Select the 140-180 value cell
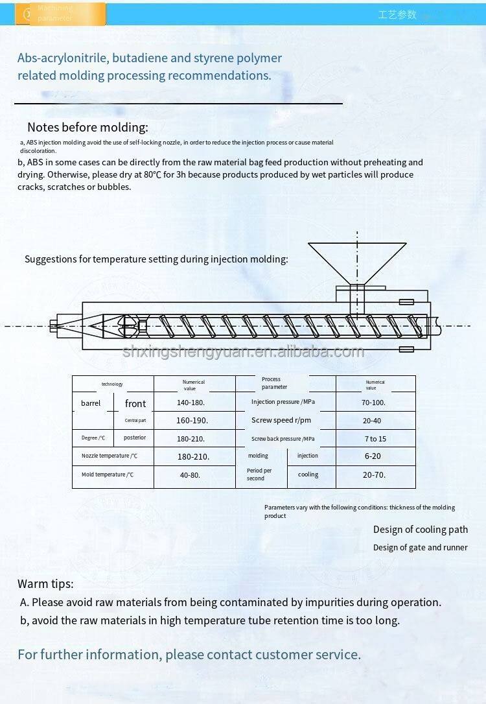pyautogui.click(x=192, y=403)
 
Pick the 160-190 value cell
pyautogui.click(x=192, y=420)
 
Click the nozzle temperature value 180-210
pyautogui.click(x=194, y=456)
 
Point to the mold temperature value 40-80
pyautogui.click(x=190, y=475)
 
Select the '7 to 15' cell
pyautogui.click(x=375, y=439)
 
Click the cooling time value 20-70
pyautogui.click(x=374, y=475)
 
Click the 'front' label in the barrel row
pyautogui.click(x=135, y=403)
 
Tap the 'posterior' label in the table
pyautogui.click(x=135, y=438)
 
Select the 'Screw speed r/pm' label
pyautogui.click(x=281, y=420)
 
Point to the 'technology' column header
pyautogui.click(x=112, y=384)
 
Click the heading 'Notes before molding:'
pyautogui.click(x=87, y=128)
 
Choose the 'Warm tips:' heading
pyautogui.click(x=45, y=583)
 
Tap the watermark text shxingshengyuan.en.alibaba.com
pyautogui.click(x=243, y=352)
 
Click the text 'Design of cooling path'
pyautogui.click(x=421, y=530)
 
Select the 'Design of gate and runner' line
pyautogui.click(x=421, y=548)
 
